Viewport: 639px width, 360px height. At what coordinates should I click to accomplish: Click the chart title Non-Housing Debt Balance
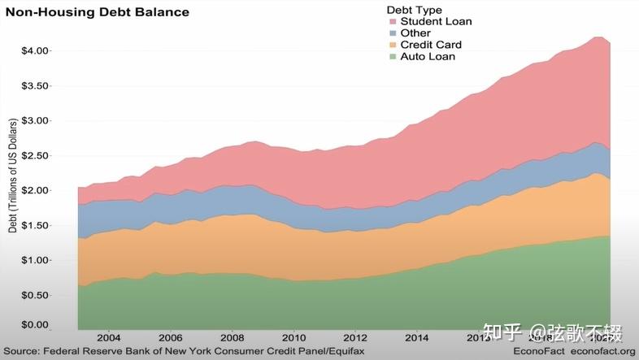pyautogui.click(x=98, y=12)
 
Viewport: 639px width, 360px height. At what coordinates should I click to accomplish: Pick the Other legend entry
pyautogui.click(x=415, y=33)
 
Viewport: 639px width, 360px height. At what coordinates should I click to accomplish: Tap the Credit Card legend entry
pyautogui.click(x=432, y=45)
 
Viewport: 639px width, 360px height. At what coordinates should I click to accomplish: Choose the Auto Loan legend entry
pyautogui.click(x=428, y=57)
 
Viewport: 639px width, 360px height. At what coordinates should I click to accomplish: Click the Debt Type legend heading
pyautogui.click(x=415, y=9)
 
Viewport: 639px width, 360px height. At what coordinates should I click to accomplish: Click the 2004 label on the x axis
pyautogui.click(x=109, y=337)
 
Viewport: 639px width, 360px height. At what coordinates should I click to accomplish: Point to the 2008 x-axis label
pyautogui.click(x=233, y=337)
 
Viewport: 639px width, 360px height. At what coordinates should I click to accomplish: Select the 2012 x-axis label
pyautogui.click(x=355, y=337)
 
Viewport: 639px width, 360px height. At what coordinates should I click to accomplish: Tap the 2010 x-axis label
pyautogui.click(x=294, y=337)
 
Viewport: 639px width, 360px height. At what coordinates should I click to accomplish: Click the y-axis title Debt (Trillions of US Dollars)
pyautogui.click(x=12, y=176)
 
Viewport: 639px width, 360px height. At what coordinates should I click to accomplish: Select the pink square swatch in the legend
pyautogui.click(x=392, y=21)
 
